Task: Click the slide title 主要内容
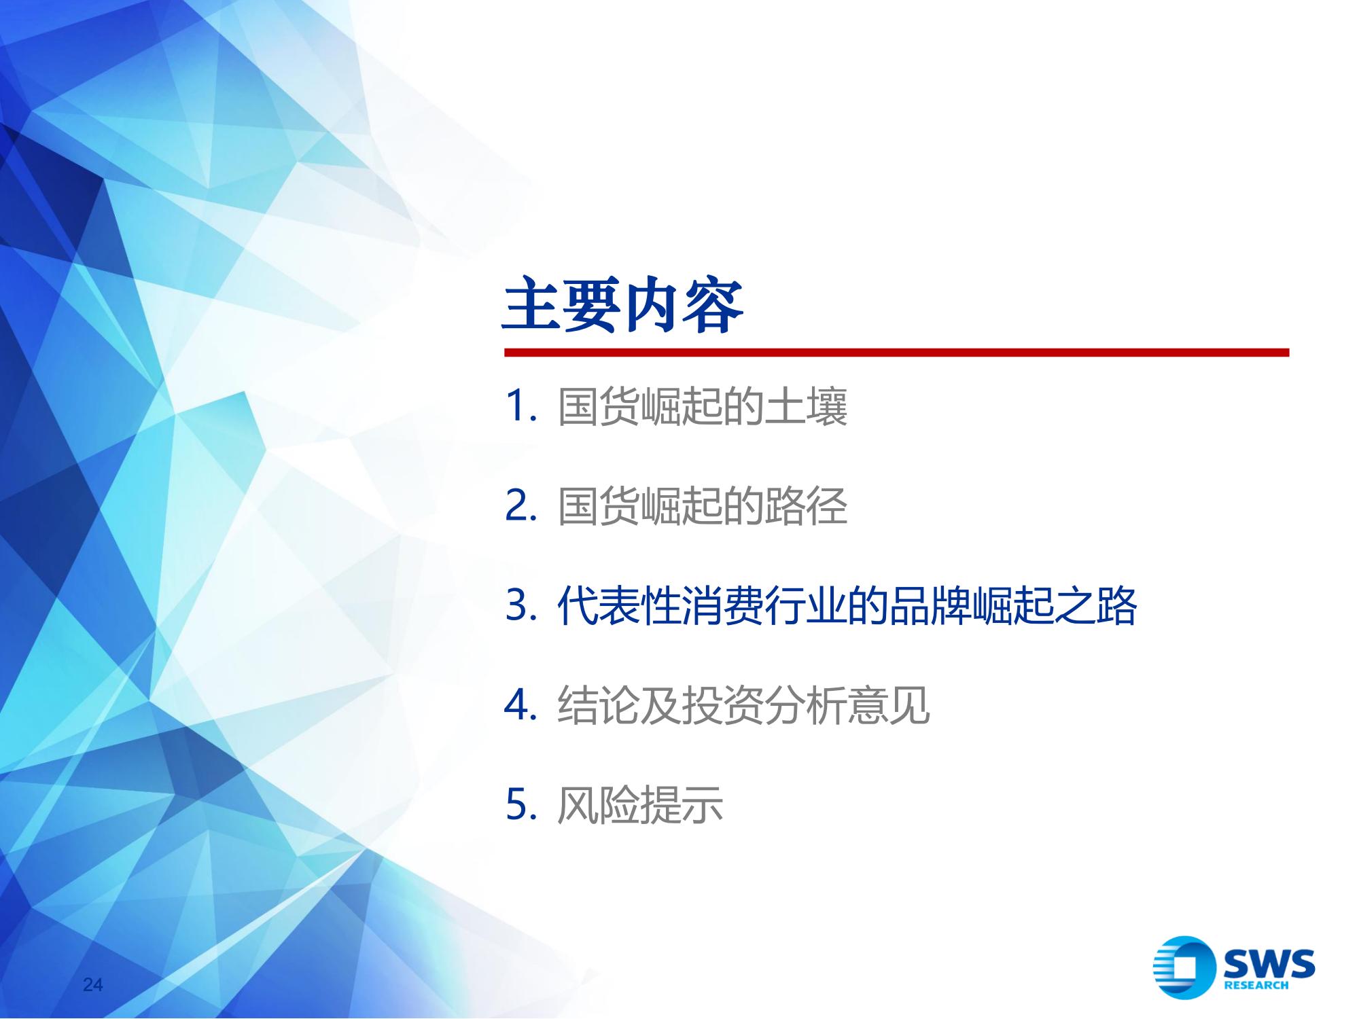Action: pyautogui.click(x=623, y=306)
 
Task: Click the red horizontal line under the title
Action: pyautogui.click(x=896, y=353)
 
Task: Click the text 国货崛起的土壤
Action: pyautogui.click(x=703, y=407)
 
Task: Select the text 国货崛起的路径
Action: pyautogui.click(x=703, y=506)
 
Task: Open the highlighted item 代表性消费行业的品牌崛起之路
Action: pyautogui.click(x=847, y=606)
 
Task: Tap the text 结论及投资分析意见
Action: pyautogui.click(x=743, y=706)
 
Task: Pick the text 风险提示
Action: pyautogui.click(x=639, y=806)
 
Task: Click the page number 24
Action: pyautogui.click(x=92, y=985)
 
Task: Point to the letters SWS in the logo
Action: pyautogui.click(x=1269, y=964)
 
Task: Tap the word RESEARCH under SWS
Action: pyautogui.click(x=1256, y=986)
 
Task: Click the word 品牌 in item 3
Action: pyautogui.click(x=930, y=606)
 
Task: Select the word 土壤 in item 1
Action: pyautogui.click(x=807, y=407)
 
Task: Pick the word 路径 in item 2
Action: pyautogui.click(x=807, y=506)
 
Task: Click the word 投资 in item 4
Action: pyautogui.click(x=722, y=706)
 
